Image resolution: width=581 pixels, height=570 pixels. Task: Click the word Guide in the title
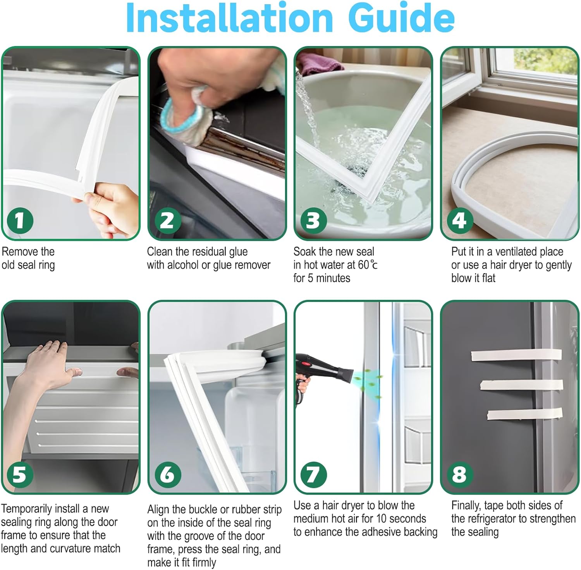(x=401, y=18)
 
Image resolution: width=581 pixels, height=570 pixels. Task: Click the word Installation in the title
(x=229, y=18)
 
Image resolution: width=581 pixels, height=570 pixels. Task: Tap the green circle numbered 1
(x=20, y=221)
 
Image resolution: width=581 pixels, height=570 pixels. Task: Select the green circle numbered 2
(x=167, y=221)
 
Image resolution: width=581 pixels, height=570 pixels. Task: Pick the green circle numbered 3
(x=313, y=221)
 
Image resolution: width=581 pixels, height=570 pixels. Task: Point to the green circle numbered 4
(x=460, y=221)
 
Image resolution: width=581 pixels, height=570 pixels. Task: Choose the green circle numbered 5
(x=20, y=474)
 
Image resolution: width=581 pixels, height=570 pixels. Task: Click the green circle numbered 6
(x=167, y=474)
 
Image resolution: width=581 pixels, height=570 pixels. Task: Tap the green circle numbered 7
(x=313, y=474)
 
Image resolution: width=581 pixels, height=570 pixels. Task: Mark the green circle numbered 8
(x=460, y=474)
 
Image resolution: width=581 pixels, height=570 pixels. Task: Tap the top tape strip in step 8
(x=516, y=354)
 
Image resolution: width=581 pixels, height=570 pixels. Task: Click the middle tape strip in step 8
(x=521, y=385)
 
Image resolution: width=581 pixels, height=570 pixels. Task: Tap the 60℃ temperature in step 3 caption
(x=368, y=265)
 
